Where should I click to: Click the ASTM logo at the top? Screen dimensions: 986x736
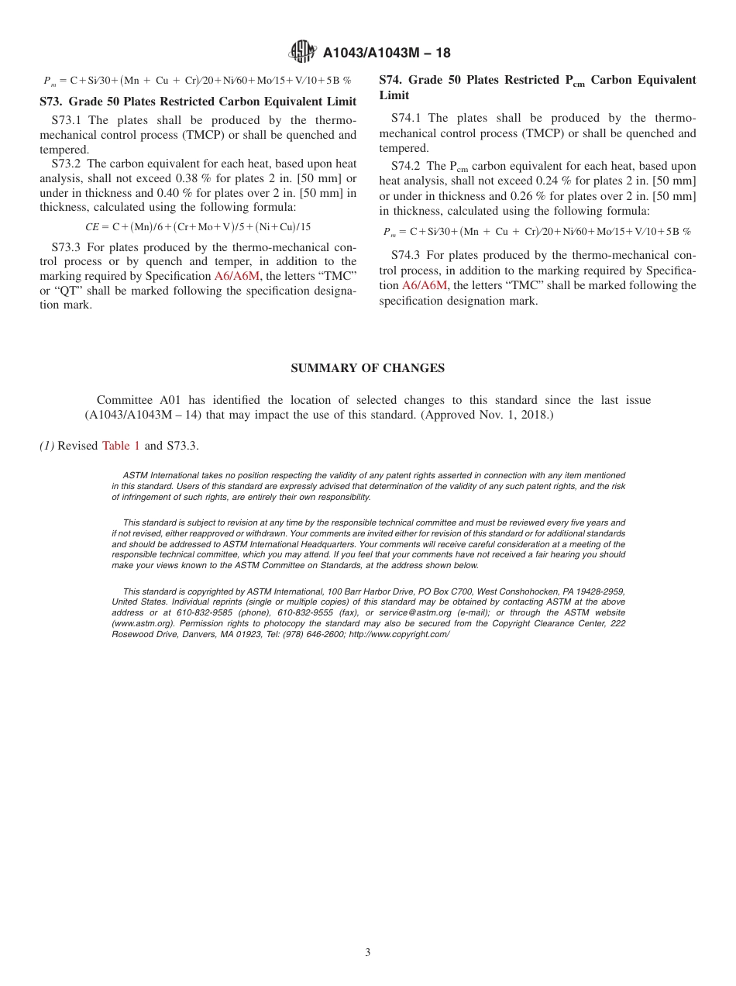302,52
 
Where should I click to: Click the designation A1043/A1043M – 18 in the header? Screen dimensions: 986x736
387,53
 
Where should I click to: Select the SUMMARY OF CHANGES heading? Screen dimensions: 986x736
367,368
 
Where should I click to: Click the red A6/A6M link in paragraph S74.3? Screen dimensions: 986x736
424,285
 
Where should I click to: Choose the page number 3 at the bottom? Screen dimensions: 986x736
368,953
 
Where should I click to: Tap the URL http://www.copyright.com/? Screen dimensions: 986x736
399,634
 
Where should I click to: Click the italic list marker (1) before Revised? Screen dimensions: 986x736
46,446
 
